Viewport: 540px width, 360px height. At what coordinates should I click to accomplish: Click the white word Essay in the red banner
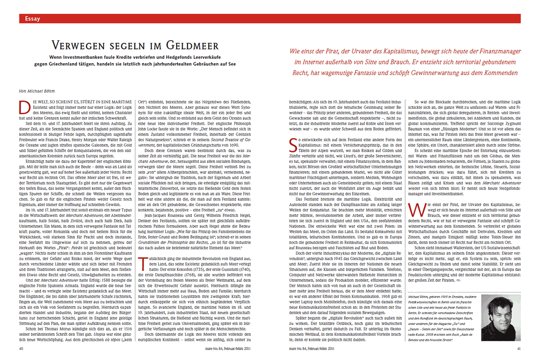(x=33, y=19)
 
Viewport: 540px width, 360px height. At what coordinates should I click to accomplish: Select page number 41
(x=520, y=347)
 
